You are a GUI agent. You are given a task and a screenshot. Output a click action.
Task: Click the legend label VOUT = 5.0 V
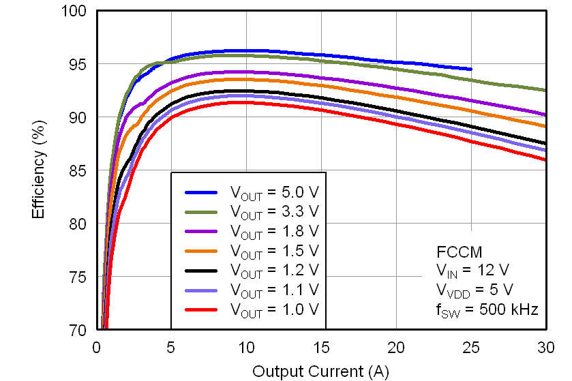click(x=274, y=192)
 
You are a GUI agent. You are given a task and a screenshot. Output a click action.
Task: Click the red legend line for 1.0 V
click(x=202, y=309)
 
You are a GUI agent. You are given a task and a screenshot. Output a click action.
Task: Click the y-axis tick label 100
click(x=76, y=11)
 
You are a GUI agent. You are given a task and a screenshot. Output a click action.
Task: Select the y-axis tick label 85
click(x=79, y=170)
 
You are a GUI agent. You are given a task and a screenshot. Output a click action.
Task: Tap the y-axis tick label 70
click(x=79, y=330)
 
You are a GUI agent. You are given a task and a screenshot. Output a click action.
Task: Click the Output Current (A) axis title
click(x=320, y=371)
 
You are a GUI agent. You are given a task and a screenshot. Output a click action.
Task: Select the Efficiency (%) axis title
click(x=38, y=170)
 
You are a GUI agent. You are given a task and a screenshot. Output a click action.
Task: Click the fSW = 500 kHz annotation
click(x=487, y=310)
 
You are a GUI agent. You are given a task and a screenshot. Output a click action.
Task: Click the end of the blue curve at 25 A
click(x=470, y=69)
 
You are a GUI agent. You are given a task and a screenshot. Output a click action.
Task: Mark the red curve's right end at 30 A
click(x=545, y=159)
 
